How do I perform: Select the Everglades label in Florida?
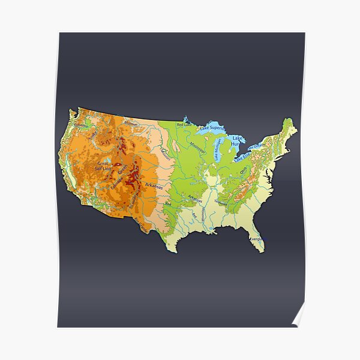256,239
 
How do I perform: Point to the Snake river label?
92,136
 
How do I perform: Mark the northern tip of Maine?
290,120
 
